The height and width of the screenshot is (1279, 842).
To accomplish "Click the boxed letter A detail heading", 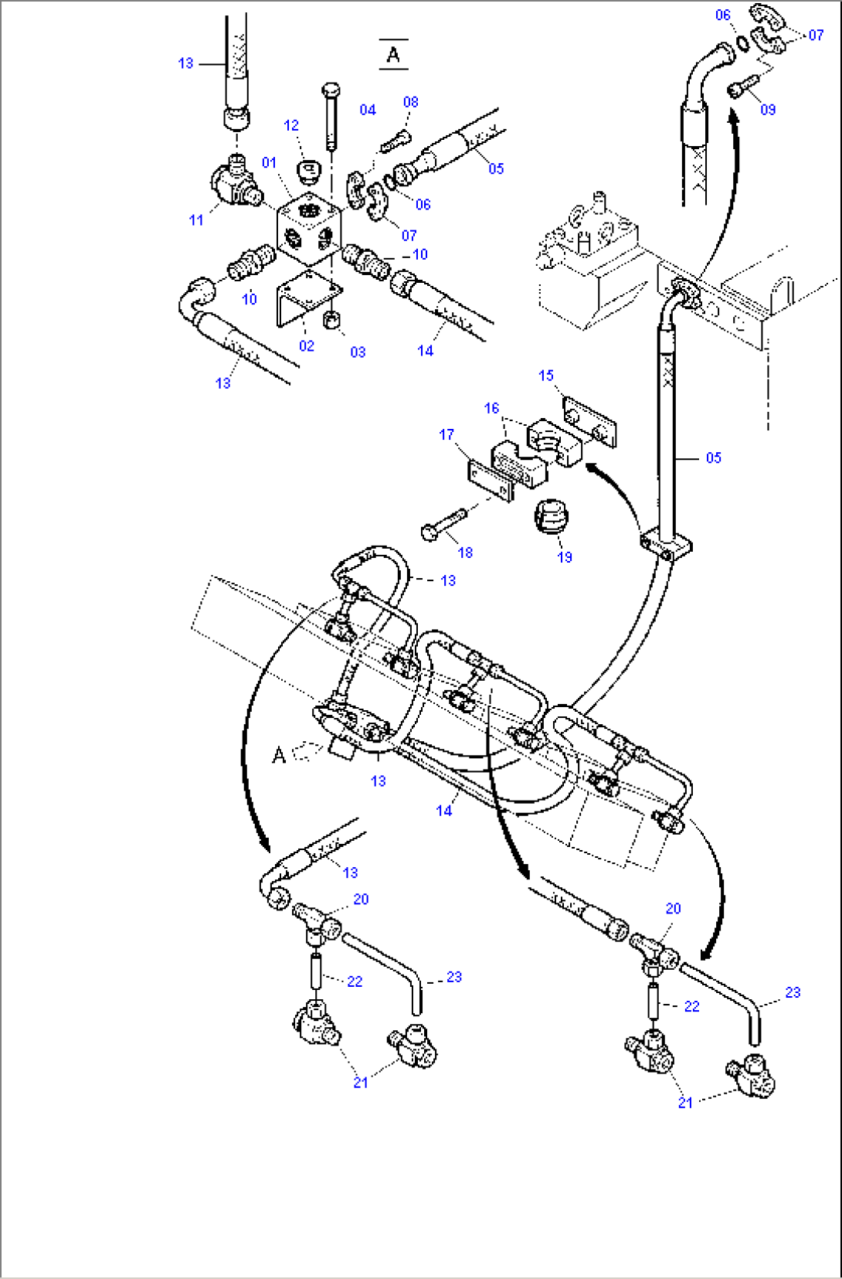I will pos(393,55).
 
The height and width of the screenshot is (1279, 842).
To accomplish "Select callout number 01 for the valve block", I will pos(269,162).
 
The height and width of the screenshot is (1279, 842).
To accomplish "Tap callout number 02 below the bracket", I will pos(307,345).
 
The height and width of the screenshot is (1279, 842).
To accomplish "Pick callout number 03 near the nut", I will pos(358,352).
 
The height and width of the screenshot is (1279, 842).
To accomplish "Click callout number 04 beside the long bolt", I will pos(368,110).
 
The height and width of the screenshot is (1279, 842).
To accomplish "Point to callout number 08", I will pos(411,101).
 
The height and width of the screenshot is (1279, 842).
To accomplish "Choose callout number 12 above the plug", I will pos(291,124).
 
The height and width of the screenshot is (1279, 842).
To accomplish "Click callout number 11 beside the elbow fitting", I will pos(196,219).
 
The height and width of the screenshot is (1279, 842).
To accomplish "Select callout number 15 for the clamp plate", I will pos(546,375).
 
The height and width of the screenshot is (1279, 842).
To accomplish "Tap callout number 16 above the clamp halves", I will pos(492,407).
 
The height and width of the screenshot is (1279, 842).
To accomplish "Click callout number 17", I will pos(446,434).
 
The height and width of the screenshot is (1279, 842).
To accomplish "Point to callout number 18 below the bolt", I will pos(465,552).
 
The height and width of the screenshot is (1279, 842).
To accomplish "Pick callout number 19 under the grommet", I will pos(565,556).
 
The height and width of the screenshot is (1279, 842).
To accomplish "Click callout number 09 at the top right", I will pos(768,109).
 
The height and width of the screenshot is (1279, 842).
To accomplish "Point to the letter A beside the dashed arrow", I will pos(279,754).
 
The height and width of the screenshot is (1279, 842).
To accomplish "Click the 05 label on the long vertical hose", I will pos(713,458).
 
